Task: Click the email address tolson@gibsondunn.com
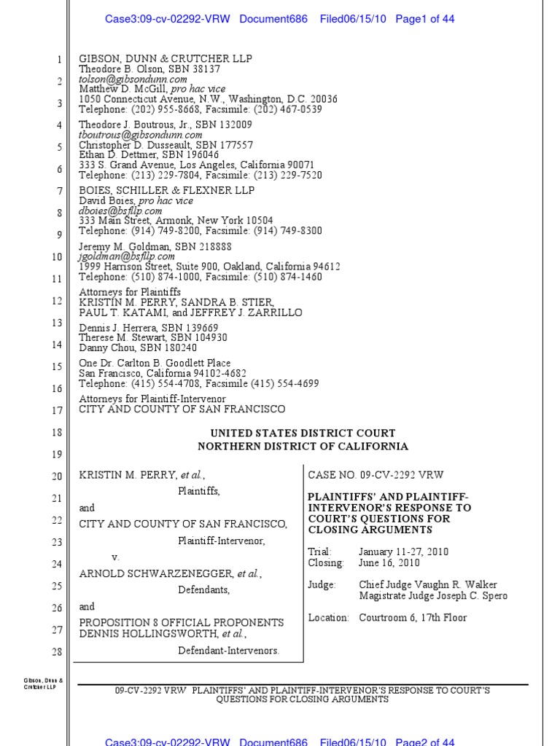coord(133,79)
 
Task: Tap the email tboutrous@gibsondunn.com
coord(141,135)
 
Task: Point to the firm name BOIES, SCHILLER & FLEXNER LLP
coord(166,190)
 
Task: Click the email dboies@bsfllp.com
coord(120,211)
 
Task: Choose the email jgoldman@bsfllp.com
coord(127,256)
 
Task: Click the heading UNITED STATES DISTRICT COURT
coord(303,433)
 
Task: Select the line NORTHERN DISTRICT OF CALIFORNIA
coord(303,447)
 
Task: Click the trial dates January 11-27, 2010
coord(402,552)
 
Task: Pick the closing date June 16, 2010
coord(388,563)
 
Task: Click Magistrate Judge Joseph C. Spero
coord(433,596)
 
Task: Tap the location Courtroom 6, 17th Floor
coord(413,618)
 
